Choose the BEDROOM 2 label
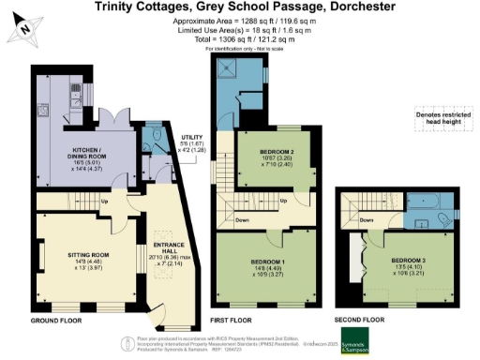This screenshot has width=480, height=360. tap(265, 152)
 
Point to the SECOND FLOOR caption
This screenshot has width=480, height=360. tap(362, 320)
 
